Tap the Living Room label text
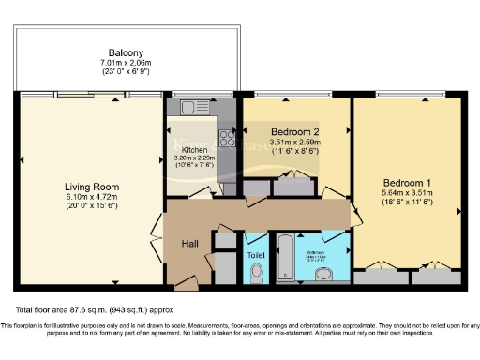[89, 187]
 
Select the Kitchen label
[194, 149]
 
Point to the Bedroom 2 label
[296, 132]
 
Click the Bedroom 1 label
[407, 182]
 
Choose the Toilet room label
[256, 254]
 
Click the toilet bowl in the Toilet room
[258, 273]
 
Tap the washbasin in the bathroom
[323, 274]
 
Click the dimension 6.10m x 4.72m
[90, 198]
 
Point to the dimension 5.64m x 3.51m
[407, 193]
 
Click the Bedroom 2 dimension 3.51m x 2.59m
[296, 143]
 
